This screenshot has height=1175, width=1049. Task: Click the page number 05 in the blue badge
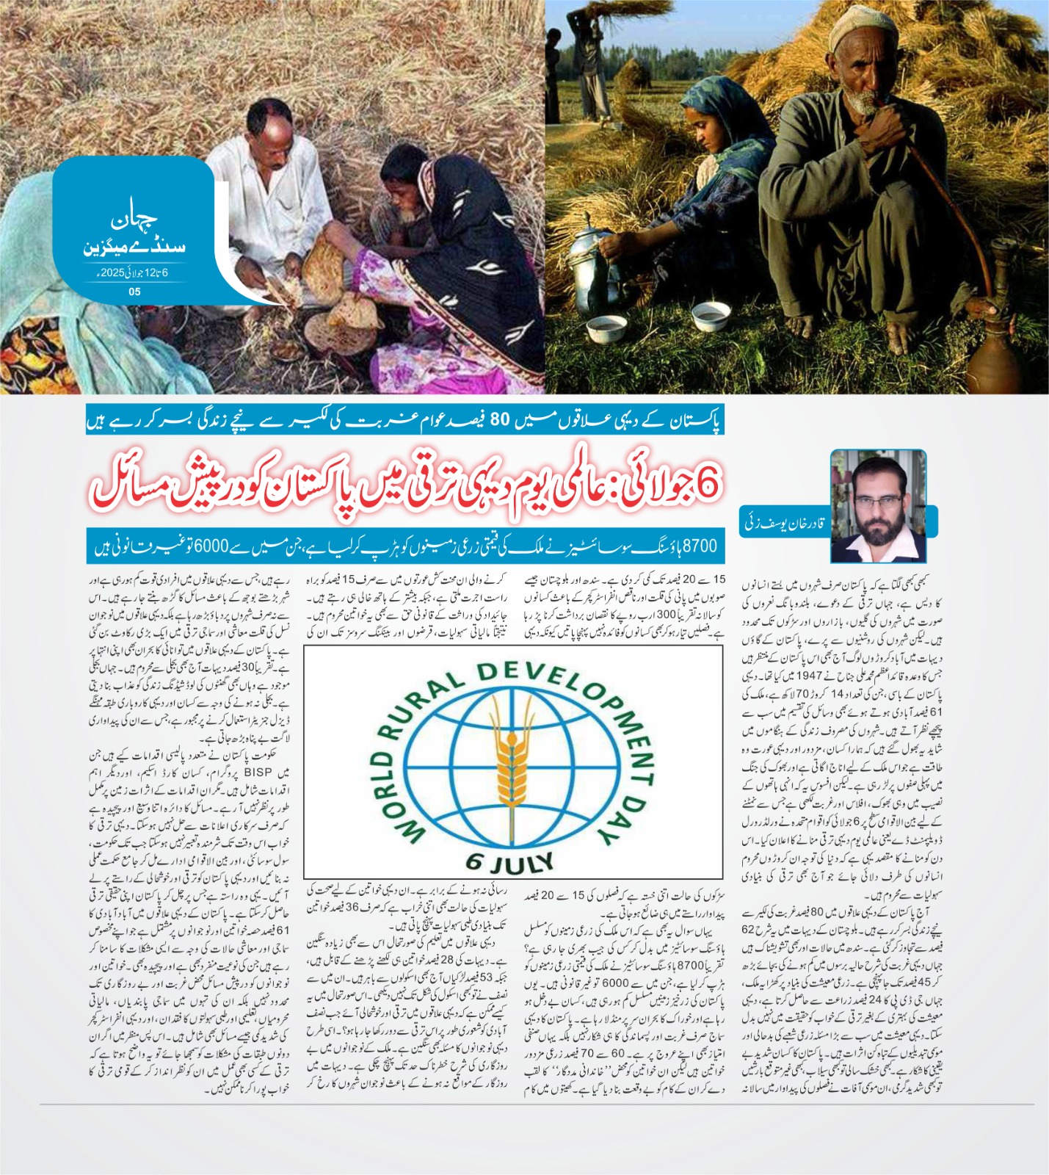(x=134, y=292)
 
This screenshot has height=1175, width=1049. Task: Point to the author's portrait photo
(x=878, y=506)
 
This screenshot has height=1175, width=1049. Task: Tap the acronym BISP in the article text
(x=258, y=772)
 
